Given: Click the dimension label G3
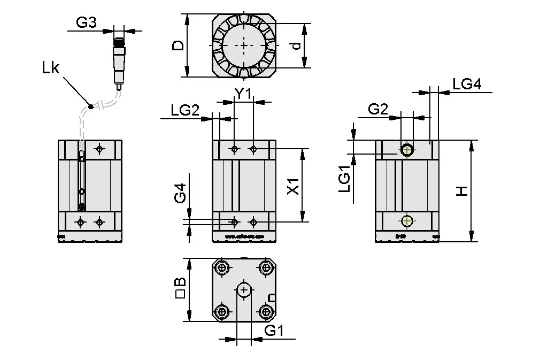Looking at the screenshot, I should (x=86, y=23).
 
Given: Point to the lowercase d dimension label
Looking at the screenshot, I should (x=295, y=46).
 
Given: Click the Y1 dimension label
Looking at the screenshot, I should (x=243, y=94).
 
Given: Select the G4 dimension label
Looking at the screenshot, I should (x=181, y=194).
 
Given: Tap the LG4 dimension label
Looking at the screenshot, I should (x=467, y=84).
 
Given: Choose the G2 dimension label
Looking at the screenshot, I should (x=378, y=109).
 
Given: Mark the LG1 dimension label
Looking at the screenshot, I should (x=345, y=179).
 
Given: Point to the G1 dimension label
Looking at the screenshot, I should (x=274, y=331).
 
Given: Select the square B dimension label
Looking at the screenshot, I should (x=180, y=289).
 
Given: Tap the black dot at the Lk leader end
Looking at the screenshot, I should (x=91, y=106).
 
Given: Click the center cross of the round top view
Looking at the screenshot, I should (x=245, y=45).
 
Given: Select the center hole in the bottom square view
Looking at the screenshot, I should (x=244, y=290).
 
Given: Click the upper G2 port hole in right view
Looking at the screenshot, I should (x=407, y=150).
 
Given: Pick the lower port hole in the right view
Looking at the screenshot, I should (x=407, y=220).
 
